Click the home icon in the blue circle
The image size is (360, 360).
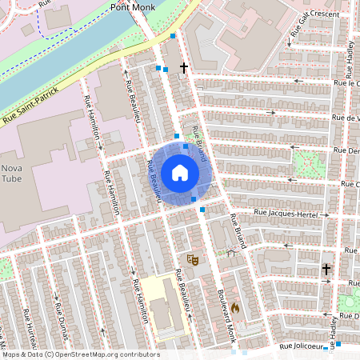click(x=180, y=173)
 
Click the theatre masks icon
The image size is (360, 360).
click(x=191, y=258)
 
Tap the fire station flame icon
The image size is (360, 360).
click(x=235, y=307)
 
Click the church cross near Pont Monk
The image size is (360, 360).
click(x=184, y=68)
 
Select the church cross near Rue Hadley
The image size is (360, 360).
click(x=326, y=270)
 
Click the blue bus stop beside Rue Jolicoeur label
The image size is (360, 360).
click(x=338, y=344)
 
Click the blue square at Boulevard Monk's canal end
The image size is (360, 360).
click(x=173, y=35)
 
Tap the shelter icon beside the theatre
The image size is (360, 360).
click(x=230, y=253)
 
